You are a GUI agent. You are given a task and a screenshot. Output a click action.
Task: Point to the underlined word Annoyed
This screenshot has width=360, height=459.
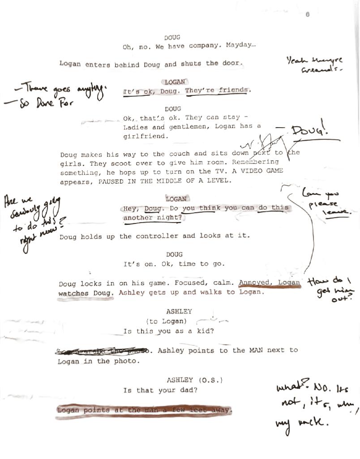click(x=256, y=283)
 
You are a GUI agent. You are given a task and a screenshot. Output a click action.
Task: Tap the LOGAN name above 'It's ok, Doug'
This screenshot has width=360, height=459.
click(x=175, y=82)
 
